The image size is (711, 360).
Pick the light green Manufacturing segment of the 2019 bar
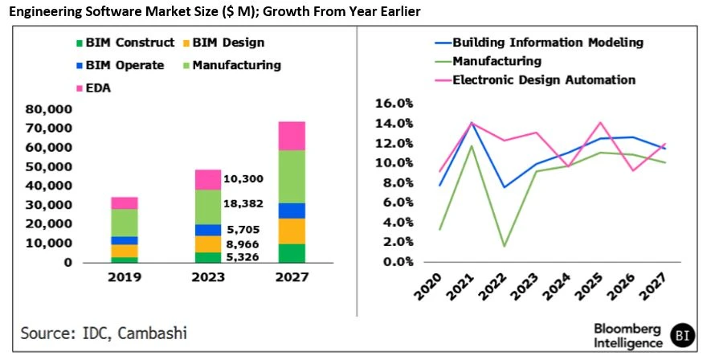click(125, 223)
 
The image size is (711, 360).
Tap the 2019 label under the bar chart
click(125, 277)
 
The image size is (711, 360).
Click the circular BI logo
click(684, 334)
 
